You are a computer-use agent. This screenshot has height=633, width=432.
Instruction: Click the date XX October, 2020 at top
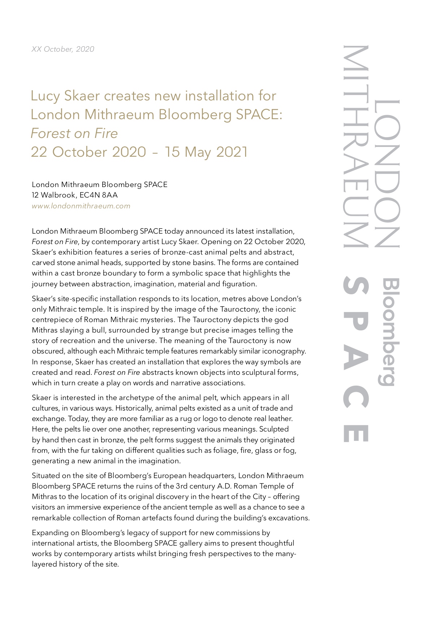tap(63, 49)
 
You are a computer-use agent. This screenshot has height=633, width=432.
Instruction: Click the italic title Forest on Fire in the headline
tap(74, 133)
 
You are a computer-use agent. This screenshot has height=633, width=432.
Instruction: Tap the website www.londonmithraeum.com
tap(81, 206)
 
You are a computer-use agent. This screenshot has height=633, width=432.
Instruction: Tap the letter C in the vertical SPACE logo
tap(356, 397)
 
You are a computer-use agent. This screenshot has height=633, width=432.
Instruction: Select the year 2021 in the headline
tap(232, 152)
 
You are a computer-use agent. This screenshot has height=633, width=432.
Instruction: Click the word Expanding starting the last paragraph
tap(48, 533)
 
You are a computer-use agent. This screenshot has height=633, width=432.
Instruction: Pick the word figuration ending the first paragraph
tap(239, 284)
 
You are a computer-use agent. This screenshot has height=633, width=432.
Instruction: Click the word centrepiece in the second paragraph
tap(51, 320)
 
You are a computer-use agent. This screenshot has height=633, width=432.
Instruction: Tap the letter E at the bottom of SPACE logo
tap(356, 433)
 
